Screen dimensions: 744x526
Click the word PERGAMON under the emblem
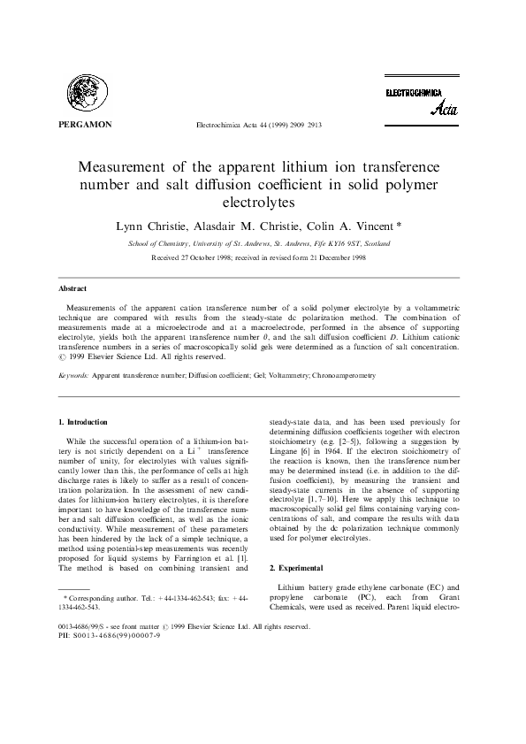tap(85, 125)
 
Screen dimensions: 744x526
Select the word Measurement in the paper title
tap(132, 167)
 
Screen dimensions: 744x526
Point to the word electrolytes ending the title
tap(263, 203)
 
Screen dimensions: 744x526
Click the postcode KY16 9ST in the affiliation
tap(347, 242)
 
